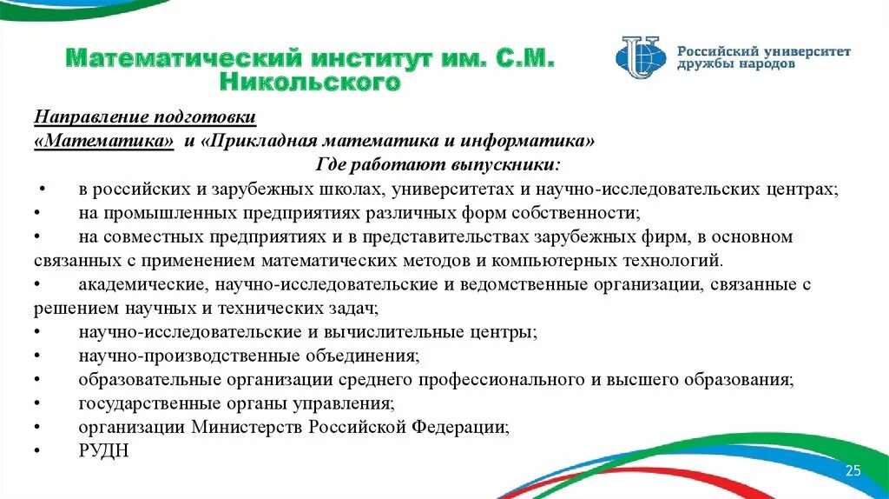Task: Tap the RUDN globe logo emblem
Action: (641, 57)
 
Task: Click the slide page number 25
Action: (853, 470)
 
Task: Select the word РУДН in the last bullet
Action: (103, 451)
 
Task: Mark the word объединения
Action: (356, 356)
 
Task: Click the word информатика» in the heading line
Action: (543, 141)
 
